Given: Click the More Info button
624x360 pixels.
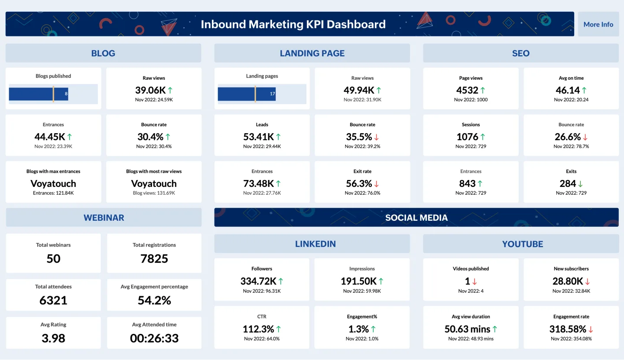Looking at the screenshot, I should pos(598,24).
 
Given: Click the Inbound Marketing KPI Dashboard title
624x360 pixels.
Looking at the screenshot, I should pos(293,24).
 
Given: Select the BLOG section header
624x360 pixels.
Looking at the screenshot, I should pos(103,53).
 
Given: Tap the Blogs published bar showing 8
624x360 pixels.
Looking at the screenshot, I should pos(39,94).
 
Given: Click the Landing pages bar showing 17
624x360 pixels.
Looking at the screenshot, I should pos(247,94).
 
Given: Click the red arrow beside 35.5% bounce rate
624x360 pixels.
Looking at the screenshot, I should pos(377,137).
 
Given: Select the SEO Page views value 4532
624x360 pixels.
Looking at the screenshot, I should pos(467,90).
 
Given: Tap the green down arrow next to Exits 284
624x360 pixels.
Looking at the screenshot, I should pos(580,184).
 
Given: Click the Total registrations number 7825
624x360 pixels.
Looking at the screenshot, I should pos(154,259).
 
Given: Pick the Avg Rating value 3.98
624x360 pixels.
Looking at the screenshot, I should pos(53,338).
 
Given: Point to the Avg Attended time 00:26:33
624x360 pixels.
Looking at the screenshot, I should pos(154,338).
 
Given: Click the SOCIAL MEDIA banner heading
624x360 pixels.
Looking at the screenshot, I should pos(416,218).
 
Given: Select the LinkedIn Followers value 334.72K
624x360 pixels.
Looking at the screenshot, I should pos(258,281).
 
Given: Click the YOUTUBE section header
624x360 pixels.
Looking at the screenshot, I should pos(522,244).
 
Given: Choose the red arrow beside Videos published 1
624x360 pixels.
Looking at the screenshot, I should pos(474,281).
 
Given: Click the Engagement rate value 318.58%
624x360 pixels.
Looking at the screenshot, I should pos(567,329).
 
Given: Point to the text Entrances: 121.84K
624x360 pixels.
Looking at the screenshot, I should pos(53,193).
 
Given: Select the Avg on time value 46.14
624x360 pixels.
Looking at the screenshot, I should pos(568,90).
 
